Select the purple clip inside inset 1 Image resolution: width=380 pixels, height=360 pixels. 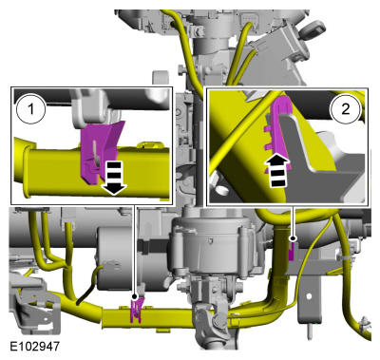click(x=98, y=150)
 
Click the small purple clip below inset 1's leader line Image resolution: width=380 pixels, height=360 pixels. click(x=136, y=307)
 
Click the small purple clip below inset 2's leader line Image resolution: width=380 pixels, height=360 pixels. click(x=293, y=253)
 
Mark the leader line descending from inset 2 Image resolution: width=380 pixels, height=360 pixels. click(x=294, y=222)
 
